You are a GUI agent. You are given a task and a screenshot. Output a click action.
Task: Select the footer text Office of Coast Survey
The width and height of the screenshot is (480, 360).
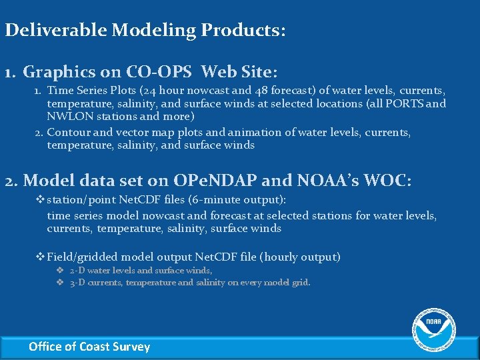pos(89,347)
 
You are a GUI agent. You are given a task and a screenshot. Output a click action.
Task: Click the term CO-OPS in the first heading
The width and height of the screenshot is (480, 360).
pos(164,71)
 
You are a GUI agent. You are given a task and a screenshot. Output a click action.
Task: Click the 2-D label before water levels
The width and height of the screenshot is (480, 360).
pos(77,271)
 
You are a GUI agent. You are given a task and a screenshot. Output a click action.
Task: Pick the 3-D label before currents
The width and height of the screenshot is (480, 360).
pos(77,283)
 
